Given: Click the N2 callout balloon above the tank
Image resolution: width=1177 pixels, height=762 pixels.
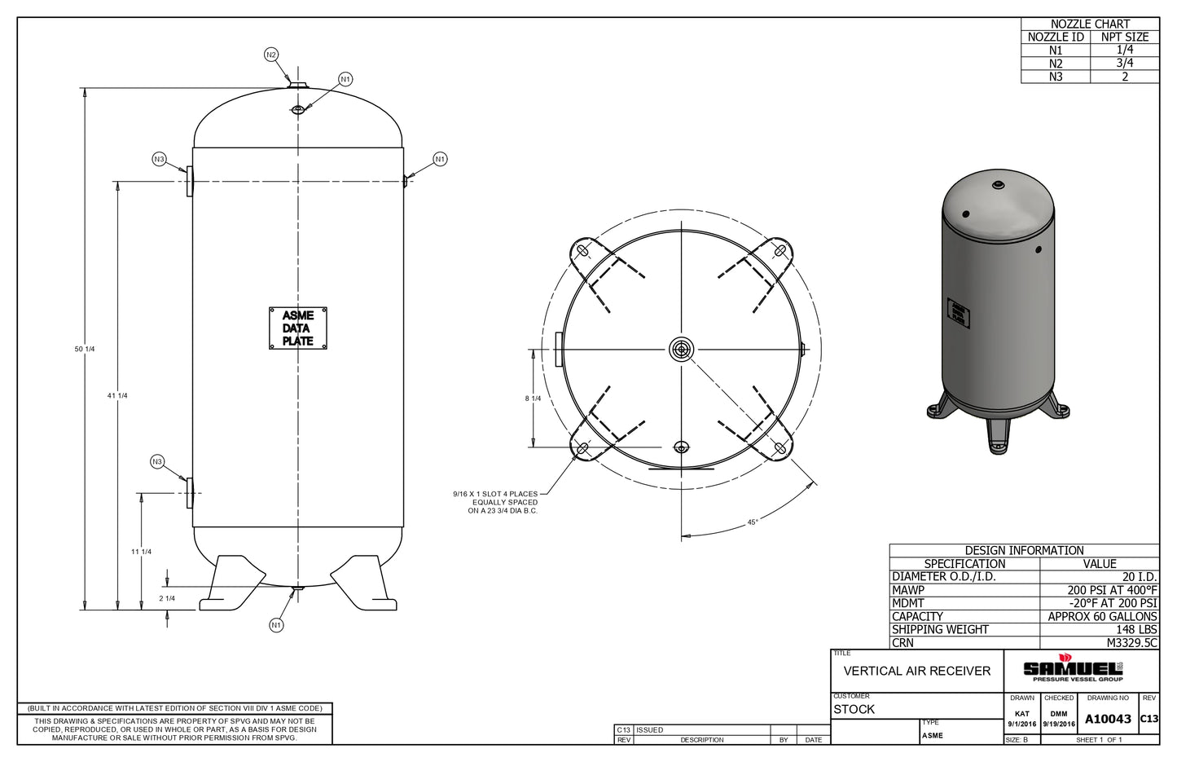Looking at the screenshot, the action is pyautogui.click(x=271, y=55).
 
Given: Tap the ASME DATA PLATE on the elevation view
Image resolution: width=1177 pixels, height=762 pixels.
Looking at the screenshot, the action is pyautogui.click(x=298, y=328).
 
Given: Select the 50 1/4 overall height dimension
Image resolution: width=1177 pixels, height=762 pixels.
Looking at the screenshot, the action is pyautogui.click(x=85, y=349).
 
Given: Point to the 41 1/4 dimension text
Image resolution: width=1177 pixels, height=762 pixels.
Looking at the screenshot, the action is pyautogui.click(x=117, y=395).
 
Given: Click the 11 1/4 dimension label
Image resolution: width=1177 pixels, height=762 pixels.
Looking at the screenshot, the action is pyautogui.click(x=142, y=552).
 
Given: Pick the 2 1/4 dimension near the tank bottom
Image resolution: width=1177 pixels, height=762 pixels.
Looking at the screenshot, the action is pyautogui.click(x=167, y=598).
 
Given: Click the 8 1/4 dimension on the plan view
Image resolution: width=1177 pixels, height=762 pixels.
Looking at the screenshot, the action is pyautogui.click(x=533, y=399).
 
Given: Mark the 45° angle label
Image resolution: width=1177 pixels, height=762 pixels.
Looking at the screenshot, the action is pyautogui.click(x=753, y=522).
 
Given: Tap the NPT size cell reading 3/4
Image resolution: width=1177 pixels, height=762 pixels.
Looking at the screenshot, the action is pyautogui.click(x=1124, y=63).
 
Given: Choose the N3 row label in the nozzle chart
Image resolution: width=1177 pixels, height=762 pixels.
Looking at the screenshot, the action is pyautogui.click(x=1056, y=77).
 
